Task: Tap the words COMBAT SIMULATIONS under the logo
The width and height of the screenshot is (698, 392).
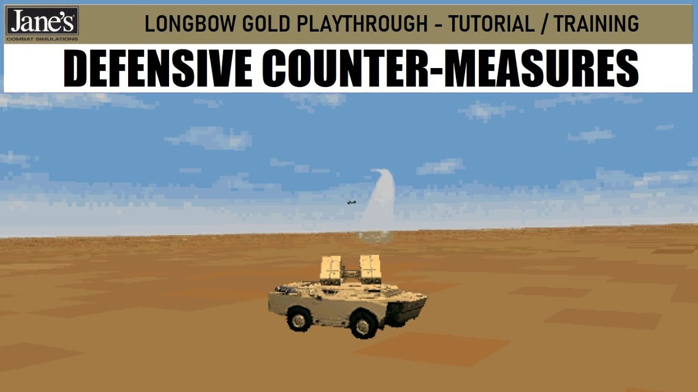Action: click(42, 39)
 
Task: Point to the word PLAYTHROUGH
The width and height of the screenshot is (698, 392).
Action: click(362, 24)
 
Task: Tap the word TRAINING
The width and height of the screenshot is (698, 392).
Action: click(597, 24)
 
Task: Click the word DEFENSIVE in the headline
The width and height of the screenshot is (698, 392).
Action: click(158, 68)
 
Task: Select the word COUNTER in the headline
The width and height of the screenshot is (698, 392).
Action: click(347, 68)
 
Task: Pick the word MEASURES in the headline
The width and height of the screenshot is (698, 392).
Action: click(541, 68)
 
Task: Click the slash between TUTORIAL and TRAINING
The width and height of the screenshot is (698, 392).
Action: click(544, 24)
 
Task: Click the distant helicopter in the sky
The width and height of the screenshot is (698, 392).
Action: click(352, 203)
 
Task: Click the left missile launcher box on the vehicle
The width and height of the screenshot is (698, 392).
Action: click(331, 269)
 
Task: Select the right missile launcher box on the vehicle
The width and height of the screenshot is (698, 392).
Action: click(370, 269)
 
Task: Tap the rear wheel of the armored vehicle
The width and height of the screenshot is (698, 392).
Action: click(299, 319)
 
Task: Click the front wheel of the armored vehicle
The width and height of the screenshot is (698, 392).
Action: click(363, 325)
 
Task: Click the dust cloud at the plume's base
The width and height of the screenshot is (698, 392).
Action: click(375, 237)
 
